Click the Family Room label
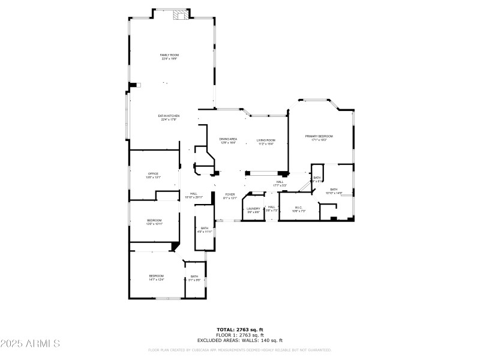(170, 57)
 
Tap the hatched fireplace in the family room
(180, 16)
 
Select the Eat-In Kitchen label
(170, 118)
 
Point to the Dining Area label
(228, 141)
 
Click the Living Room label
(266, 141)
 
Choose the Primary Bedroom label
(319, 138)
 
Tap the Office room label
(154, 176)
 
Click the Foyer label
(230, 196)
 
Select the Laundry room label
(253, 210)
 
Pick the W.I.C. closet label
(299, 210)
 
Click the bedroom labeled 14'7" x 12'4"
(157, 277)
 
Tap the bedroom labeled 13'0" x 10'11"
(155, 222)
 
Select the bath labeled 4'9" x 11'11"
(205, 229)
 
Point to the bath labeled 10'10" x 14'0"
(334, 191)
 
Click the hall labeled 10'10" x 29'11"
(194, 195)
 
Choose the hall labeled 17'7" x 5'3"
(280, 184)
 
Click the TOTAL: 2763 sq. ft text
(240, 329)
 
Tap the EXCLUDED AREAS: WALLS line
(240, 340)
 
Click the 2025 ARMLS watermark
(30, 344)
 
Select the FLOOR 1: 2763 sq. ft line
(240, 334)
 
